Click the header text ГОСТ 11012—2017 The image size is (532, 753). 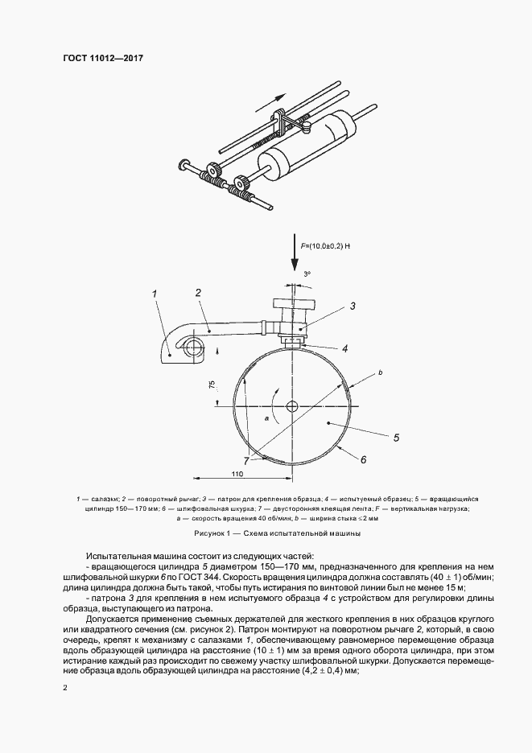(x=97, y=58)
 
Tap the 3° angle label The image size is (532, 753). (x=307, y=274)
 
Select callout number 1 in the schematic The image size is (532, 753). (x=155, y=294)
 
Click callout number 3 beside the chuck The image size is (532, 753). (x=352, y=306)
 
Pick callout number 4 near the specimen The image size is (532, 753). (x=344, y=348)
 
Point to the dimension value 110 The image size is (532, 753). (x=237, y=475)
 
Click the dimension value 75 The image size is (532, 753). (x=212, y=386)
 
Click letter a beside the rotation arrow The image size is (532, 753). (x=265, y=419)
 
